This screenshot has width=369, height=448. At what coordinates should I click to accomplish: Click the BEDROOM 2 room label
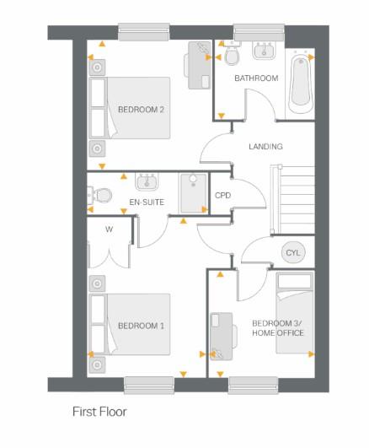[x=140, y=110]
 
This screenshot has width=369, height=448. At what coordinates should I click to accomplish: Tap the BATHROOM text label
[x=255, y=78]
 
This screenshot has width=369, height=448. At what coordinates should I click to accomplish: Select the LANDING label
[x=265, y=147]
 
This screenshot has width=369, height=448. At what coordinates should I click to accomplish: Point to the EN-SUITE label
[x=146, y=202]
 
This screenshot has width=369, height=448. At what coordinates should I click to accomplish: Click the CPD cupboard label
[x=222, y=196]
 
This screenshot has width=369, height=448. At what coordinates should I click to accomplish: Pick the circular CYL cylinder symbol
[x=292, y=252]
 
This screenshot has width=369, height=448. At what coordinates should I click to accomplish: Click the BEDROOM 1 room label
[x=140, y=326]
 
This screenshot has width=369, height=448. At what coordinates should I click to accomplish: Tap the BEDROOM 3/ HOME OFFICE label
[x=277, y=328]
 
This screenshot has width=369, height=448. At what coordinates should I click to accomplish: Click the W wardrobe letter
[x=109, y=229]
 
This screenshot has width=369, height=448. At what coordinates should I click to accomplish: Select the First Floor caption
[x=99, y=413]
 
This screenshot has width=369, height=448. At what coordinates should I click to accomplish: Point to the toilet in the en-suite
[x=103, y=195]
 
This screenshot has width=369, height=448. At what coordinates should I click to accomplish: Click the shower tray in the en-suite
[x=192, y=190]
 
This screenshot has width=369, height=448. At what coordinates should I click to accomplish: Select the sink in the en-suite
[x=147, y=181]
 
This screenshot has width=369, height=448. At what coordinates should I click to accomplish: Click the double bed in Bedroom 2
[x=135, y=108]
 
